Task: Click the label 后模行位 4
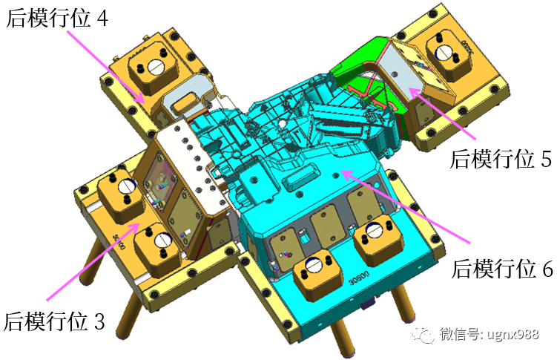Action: coord(57,17)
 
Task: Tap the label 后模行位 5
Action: coord(501,158)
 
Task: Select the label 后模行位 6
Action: coord(502,269)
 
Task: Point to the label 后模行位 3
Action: coord(54,321)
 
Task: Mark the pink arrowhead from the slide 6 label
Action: coord(347,174)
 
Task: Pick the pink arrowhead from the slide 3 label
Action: coord(134,226)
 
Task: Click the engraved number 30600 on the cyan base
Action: coord(359,278)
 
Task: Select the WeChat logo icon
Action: coord(423,334)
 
